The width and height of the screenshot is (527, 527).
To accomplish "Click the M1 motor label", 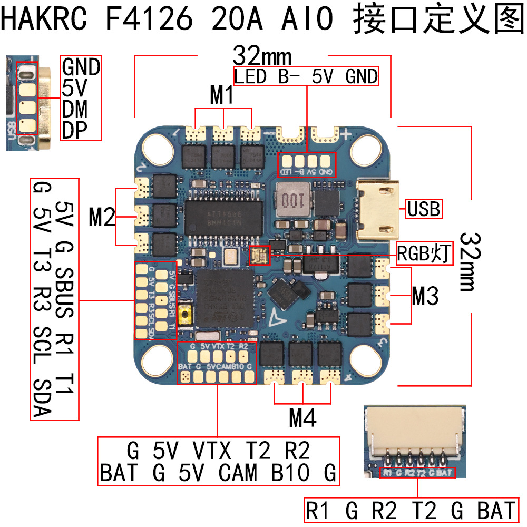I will click(221, 96).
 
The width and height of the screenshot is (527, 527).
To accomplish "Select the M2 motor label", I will click(102, 217).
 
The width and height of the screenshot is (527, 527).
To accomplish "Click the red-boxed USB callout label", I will click(424, 209).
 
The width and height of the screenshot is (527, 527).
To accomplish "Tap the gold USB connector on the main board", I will click(378, 208).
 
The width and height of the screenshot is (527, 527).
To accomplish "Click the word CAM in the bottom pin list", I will click(238, 472).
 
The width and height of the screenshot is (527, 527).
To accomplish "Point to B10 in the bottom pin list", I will click(290, 472).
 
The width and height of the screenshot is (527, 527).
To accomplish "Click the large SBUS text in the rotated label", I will click(66, 293).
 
